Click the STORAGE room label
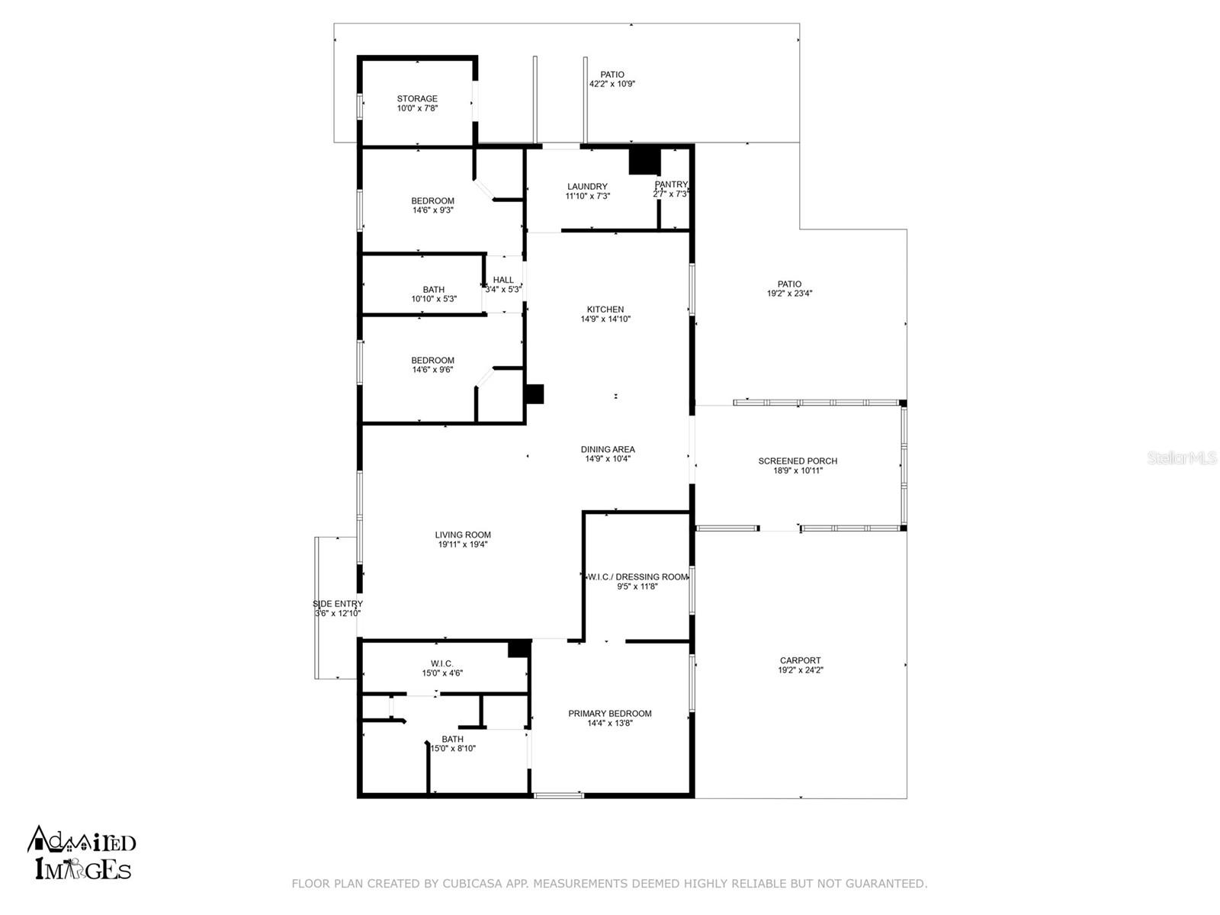click(x=417, y=99)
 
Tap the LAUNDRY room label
click(x=587, y=187)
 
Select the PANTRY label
click(x=671, y=185)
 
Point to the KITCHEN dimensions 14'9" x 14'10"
click(x=605, y=319)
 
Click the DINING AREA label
click(x=608, y=450)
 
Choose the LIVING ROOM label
click(x=463, y=535)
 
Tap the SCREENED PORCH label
click(x=798, y=461)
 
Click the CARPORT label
click(x=800, y=661)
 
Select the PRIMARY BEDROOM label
click(x=609, y=714)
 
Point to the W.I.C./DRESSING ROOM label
click(x=637, y=577)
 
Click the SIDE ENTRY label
click(x=337, y=604)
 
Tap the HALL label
click(x=503, y=280)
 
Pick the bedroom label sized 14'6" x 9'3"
click(x=432, y=201)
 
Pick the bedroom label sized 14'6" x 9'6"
click(x=432, y=361)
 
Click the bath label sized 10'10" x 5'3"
click(x=433, y=290)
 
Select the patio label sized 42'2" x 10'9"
click(x=612, y=75)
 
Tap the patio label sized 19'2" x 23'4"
click(x=789, y=284)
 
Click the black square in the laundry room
click(x=644, y=160)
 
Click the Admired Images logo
click(x=82, y=852)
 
